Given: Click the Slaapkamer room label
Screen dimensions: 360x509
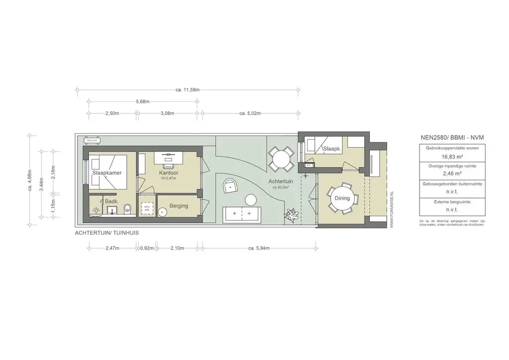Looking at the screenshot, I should coord(107,173).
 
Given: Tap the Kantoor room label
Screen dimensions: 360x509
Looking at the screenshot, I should coord(169,173).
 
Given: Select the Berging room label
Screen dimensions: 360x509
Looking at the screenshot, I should coord(178,205).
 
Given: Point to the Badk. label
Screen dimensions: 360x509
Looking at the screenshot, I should coord(111,201).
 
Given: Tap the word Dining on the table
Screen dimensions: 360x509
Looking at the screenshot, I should coord(342,198).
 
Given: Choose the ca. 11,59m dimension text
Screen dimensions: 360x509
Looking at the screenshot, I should coord(187,90).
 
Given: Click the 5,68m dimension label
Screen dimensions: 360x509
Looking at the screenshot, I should coord(142,102).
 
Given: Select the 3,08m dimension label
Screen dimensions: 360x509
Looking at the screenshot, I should coord(168,113).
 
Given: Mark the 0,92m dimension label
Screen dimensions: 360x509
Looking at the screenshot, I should coord(147,248).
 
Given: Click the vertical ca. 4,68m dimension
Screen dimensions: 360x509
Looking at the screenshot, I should coord(29,180).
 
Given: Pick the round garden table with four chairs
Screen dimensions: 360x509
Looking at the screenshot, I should coord(281,159).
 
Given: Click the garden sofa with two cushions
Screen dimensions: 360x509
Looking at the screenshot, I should coord(242,214).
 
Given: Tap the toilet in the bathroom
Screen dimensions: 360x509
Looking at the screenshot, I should coord(128,209).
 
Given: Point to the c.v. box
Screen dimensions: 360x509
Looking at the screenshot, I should coord(309,165).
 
